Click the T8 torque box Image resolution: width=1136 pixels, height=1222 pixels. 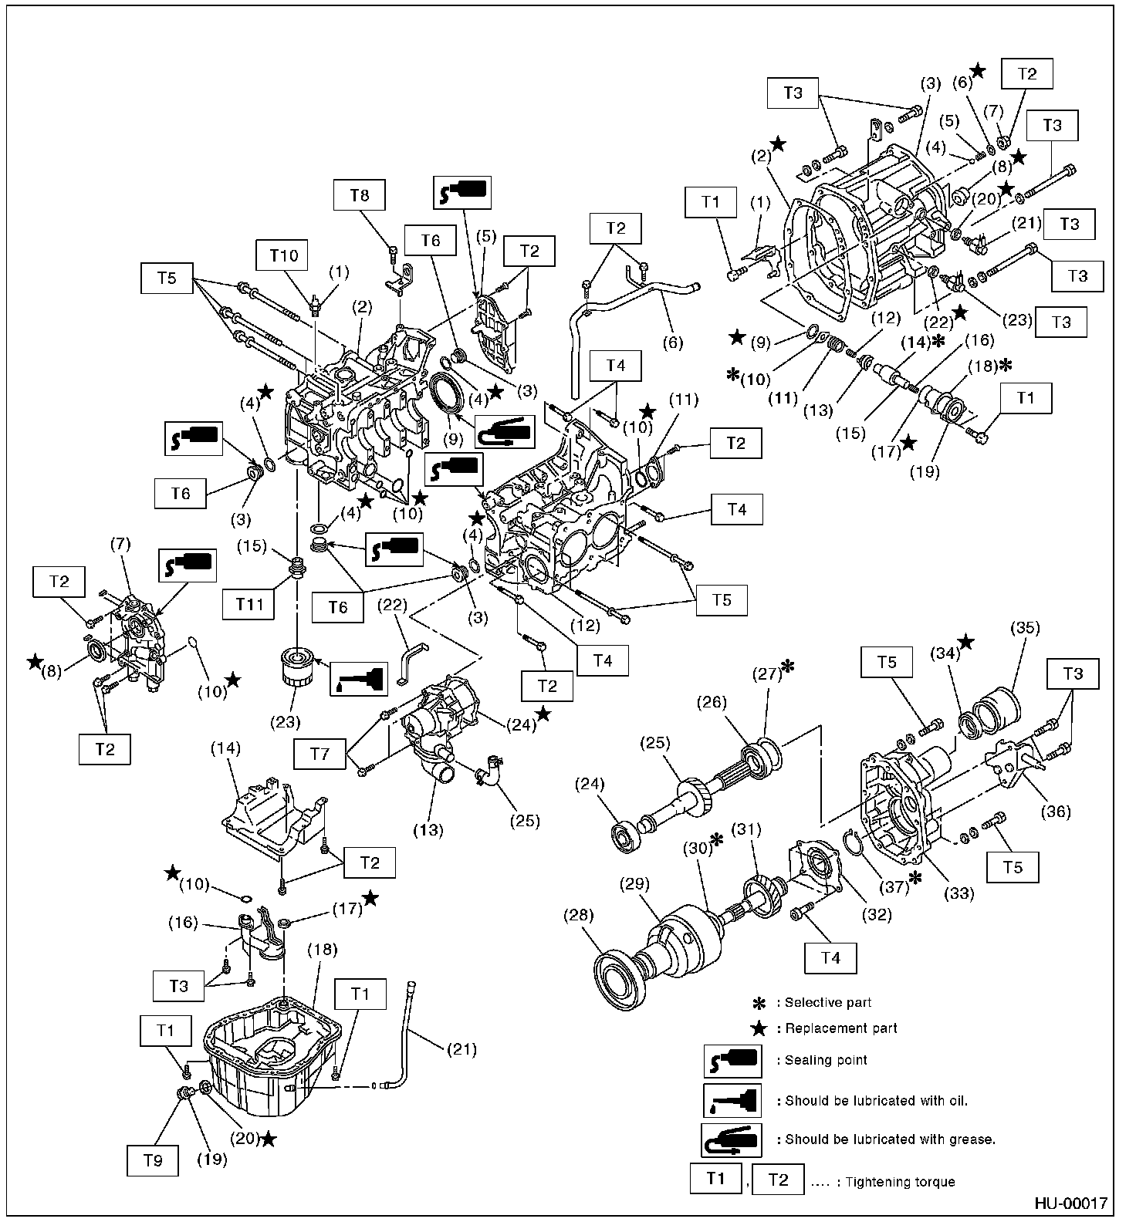tap(359, 195)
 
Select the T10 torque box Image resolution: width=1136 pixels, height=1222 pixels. tap(284, 254)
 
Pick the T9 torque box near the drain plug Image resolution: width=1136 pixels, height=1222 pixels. tap(154, 1160)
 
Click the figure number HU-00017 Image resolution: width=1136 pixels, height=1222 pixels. tap(1070, 1203)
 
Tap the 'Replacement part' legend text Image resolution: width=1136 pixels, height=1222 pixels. tap(840, 1028)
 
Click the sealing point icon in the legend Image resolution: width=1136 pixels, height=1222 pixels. tap(732, 1062)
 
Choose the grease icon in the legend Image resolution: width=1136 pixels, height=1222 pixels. tap(732, 1139)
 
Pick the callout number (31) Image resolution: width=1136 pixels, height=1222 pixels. tap(746, 830)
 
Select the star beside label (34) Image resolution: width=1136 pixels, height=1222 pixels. tap(965, 642)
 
